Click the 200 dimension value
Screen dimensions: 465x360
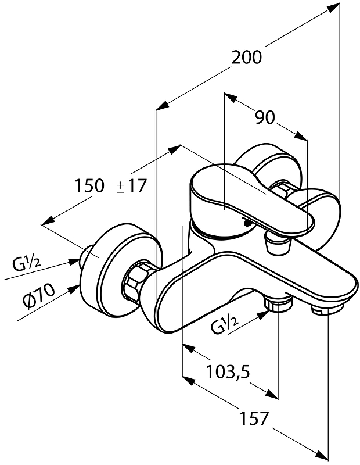click(x=247, y=58)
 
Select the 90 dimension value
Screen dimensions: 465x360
click(x=264, y=117)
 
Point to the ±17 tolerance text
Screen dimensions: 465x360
click(x=132, y=186)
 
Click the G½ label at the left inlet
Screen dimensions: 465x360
click(x=27, y=263)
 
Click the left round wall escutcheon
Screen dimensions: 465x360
click(x=119, y=264)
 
